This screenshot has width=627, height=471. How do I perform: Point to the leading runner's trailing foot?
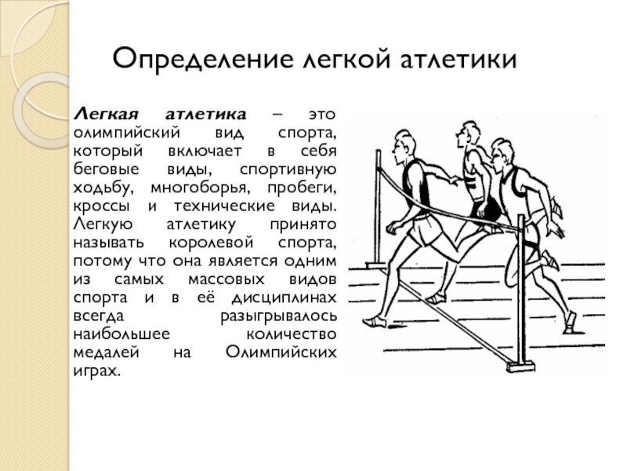(x=375, y=320)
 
